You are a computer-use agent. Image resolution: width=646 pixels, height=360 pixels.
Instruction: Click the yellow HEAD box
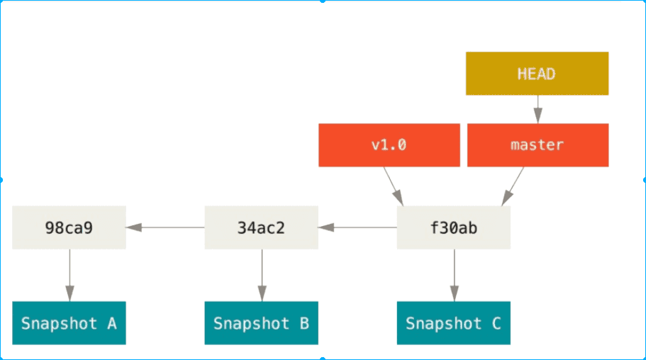click(537, 74)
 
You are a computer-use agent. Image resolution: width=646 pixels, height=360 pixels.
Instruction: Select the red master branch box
click(538, 145)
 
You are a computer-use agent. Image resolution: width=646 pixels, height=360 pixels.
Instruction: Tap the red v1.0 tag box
click(389, 145)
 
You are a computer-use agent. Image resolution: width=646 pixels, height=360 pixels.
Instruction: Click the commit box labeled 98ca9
click(69, 227)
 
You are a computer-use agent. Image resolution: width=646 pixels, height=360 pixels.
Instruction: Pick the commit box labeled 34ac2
click(261, 227)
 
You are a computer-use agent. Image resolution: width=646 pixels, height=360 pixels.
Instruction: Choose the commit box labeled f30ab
click(454, 227)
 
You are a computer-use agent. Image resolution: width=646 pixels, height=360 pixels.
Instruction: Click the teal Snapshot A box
click(69, 323)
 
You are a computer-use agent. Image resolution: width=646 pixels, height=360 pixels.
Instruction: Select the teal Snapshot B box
click(261, 323)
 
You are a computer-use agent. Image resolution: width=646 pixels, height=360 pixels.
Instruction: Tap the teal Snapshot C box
click(454, 323)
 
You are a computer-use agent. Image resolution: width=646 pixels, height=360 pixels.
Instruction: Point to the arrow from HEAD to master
click(538, 109)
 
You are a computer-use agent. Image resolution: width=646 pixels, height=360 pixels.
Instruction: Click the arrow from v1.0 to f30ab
click(394, 186)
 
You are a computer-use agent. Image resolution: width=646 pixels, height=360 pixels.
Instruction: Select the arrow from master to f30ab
click(513, 186)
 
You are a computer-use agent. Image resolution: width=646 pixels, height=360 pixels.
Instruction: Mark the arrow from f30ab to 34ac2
click(357, 227)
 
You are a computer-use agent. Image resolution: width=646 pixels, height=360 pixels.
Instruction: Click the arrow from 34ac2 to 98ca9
click(165, 227)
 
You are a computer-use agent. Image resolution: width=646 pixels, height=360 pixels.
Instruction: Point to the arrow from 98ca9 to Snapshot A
click(69, 275)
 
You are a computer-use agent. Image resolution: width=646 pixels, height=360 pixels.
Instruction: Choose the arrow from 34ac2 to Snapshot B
click(262, 275)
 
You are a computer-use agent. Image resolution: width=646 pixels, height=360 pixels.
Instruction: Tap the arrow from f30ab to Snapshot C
click(455, 275)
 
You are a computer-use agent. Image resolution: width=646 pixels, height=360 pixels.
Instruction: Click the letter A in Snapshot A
click(111, 323)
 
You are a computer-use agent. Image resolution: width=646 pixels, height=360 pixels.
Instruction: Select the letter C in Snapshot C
click(496, 323)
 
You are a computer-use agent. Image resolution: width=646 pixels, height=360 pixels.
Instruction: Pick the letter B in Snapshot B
click(304, 323)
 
